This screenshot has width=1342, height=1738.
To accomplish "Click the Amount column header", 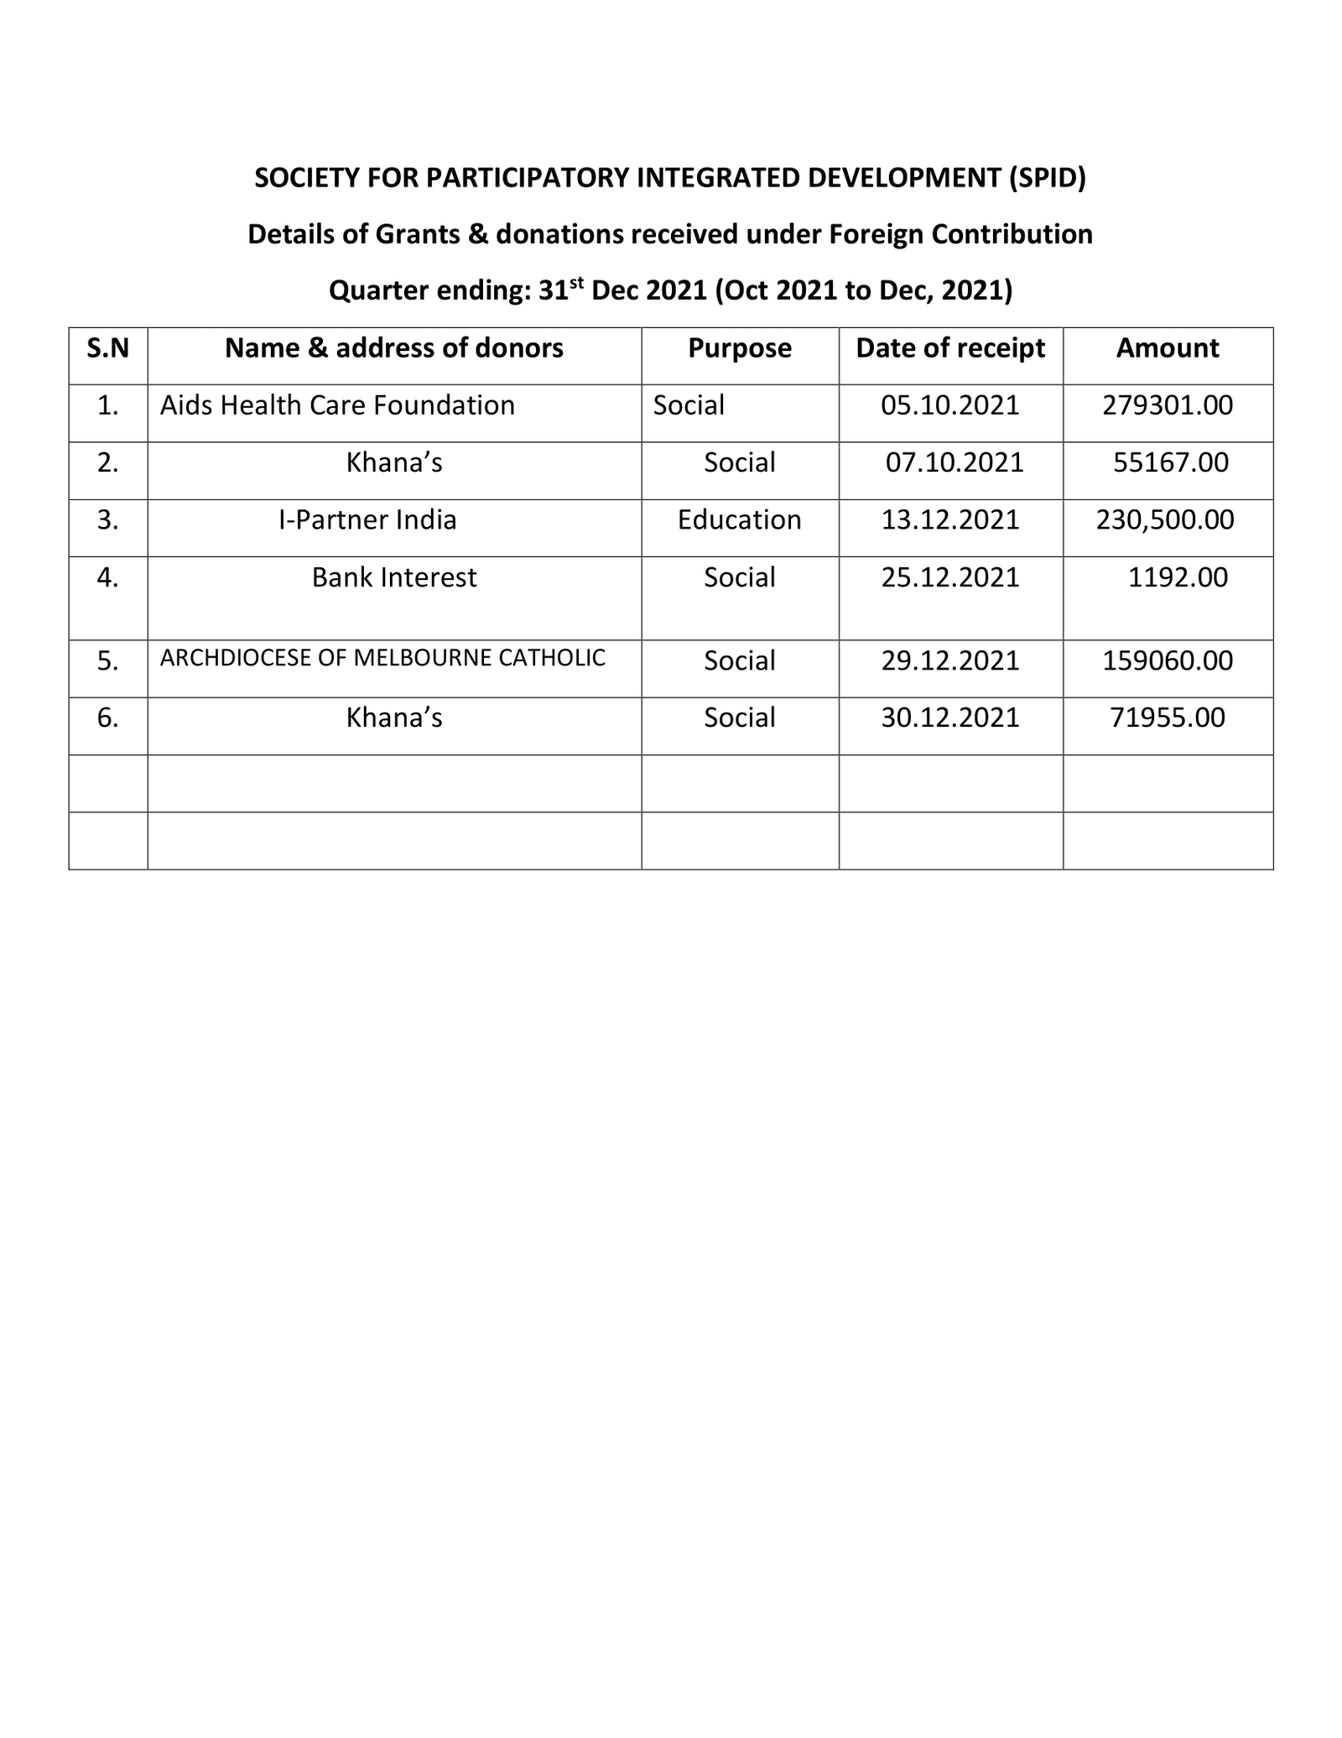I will [1167, 348].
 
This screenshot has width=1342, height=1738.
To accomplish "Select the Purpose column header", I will [739, 348].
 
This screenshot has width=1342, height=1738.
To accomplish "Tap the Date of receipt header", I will [950, 348].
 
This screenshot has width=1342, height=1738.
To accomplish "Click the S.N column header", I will [108, 348].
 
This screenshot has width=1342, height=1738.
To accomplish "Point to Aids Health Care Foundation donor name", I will [337, 406].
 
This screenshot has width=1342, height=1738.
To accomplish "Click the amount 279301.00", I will [1168, 406].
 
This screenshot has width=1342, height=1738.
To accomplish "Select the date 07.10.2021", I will [954, 463].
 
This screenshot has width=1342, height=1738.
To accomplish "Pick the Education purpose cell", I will [739, 520].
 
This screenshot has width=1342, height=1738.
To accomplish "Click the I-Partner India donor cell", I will [367, 520].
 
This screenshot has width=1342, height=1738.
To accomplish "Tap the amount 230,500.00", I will [1165, 520].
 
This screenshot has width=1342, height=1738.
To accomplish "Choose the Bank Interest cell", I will [393, 578].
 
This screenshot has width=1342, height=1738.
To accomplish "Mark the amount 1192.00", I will [1178, 578].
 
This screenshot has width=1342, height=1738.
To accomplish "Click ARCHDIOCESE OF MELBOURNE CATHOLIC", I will [382, 659].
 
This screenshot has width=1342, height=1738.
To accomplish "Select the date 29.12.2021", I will [950, 661].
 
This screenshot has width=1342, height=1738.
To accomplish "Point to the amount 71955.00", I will [1167, 718].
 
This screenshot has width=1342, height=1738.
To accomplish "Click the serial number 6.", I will [107, 718].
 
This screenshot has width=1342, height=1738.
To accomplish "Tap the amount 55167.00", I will [1171, 463].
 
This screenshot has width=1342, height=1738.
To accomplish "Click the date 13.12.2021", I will [950, 520].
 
